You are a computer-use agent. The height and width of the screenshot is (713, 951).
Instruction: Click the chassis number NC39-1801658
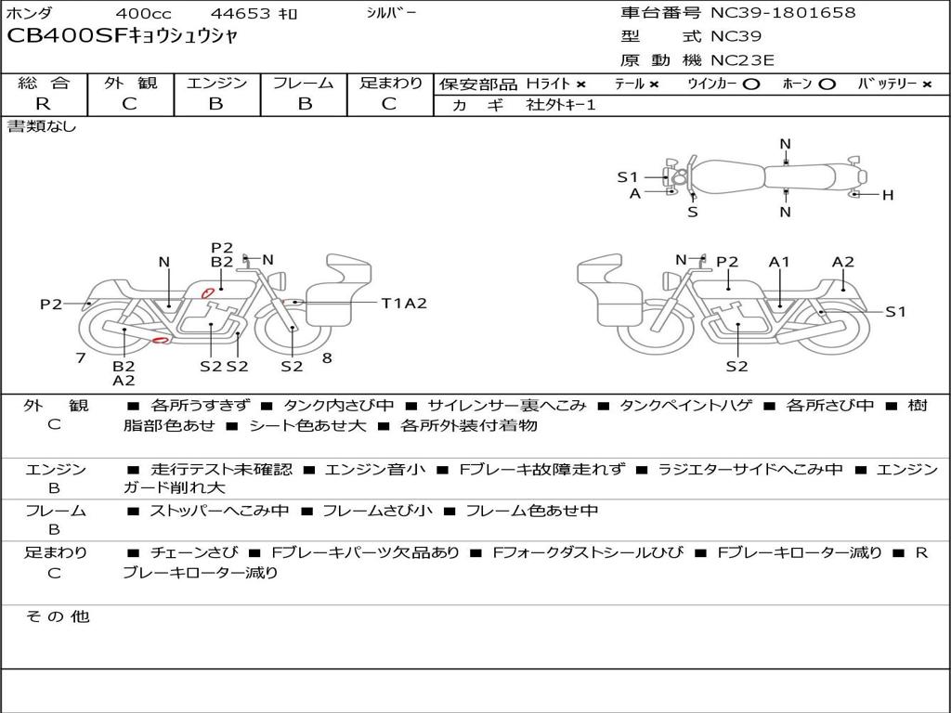point(783,13)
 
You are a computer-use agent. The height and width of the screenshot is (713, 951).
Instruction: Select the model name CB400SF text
point(65,37)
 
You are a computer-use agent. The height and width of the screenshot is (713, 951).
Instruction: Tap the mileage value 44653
point(241,14)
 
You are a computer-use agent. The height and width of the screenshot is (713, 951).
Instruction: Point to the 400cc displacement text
point(145,14)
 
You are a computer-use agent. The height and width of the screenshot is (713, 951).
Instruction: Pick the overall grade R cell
point(43,104)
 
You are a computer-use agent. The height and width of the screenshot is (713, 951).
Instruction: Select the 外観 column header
point(130,84)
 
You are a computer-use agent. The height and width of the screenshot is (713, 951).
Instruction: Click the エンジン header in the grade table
point(216,84)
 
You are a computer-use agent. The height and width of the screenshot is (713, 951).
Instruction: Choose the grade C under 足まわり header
point(389,104)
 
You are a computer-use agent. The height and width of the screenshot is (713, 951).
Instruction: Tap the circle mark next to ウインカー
point(751,84)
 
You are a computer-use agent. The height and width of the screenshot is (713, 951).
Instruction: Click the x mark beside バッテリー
point(926,84)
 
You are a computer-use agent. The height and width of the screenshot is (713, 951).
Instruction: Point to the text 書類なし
point(43,126)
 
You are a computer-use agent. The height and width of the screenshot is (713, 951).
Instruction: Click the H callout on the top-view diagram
point(888,195)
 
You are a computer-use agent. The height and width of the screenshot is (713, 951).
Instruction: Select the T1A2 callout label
point(404,303)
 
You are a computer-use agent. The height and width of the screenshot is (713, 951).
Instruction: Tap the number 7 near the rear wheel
point(81,358)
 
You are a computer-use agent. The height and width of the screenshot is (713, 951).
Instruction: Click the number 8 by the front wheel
point(327,358)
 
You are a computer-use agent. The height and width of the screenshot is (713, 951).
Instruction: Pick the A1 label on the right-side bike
point(779,262)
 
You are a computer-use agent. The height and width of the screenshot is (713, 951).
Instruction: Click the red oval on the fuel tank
point(208,292)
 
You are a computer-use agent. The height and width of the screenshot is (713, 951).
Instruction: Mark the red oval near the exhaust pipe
point(160,341)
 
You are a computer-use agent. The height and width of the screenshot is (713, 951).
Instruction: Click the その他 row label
point(57,616)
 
